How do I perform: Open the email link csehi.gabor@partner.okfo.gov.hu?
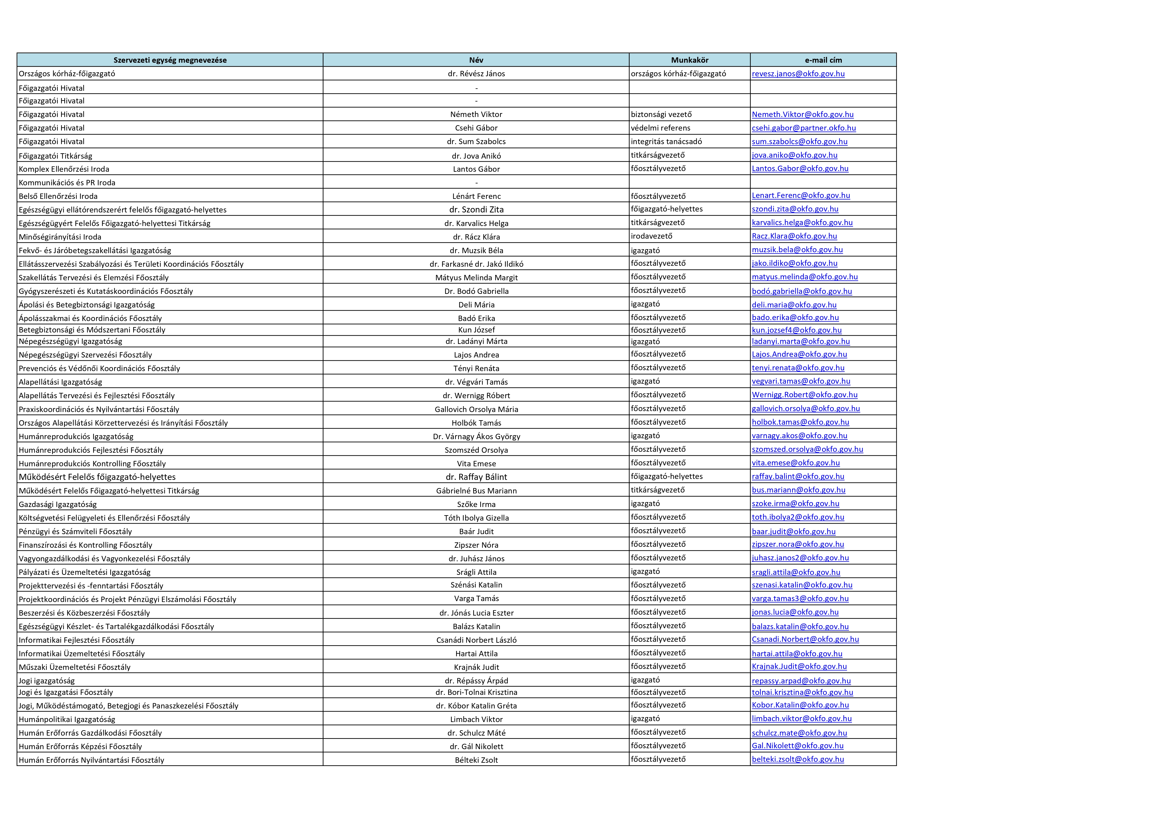pos(803,128)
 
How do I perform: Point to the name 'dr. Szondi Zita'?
pos(476,209)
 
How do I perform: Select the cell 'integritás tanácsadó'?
pos(666,142)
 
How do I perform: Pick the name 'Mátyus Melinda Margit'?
pos(476,277)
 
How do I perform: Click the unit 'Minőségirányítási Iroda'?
pos(60,237)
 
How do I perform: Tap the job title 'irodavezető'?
pos(651,236)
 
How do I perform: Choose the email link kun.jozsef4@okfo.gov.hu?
pos(796,330)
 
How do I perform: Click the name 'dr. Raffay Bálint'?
pos(476,477)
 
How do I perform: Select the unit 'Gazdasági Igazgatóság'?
pos(58,504)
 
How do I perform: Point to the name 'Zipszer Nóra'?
pos(476,545)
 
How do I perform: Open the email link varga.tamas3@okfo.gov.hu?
pos(800,598)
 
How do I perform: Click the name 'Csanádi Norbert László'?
pos(476,640)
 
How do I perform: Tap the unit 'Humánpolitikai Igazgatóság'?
pos(67,719)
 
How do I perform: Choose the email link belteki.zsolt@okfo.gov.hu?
pos(797,759)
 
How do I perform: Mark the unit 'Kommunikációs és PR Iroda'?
pos(67,182)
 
